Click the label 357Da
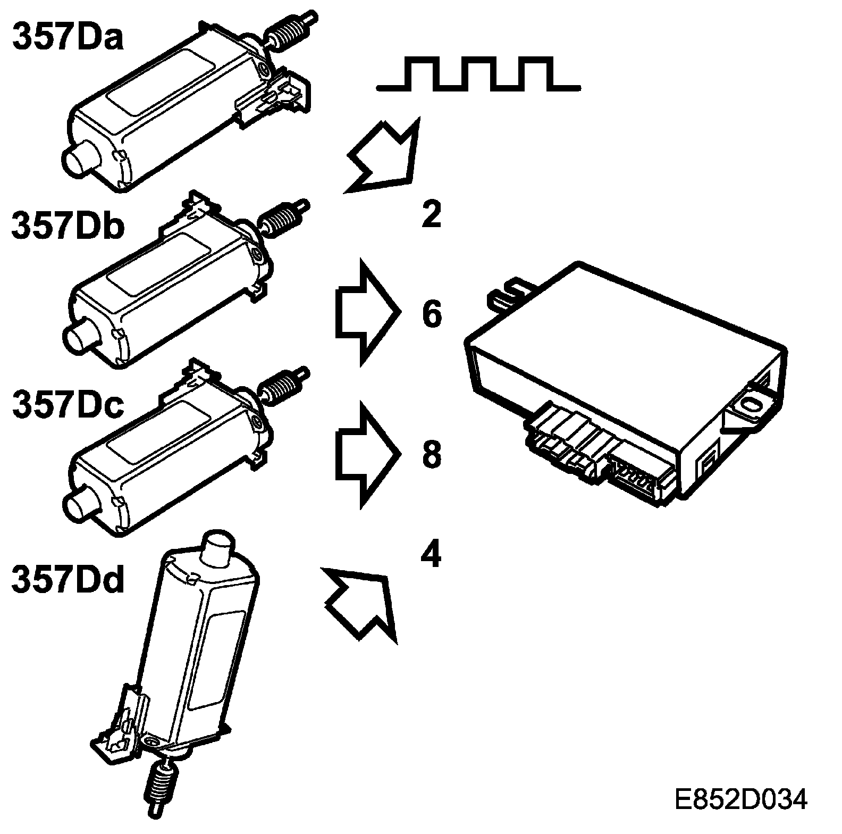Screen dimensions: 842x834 68,36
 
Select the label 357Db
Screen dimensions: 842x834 68,226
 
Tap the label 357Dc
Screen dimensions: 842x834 68,405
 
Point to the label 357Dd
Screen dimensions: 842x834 68,579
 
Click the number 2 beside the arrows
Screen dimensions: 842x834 431,215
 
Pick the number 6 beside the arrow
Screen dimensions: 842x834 432,313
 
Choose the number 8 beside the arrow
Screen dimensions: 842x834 432,454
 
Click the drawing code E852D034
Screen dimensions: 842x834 740,799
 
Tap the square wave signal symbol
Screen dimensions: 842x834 478,74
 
